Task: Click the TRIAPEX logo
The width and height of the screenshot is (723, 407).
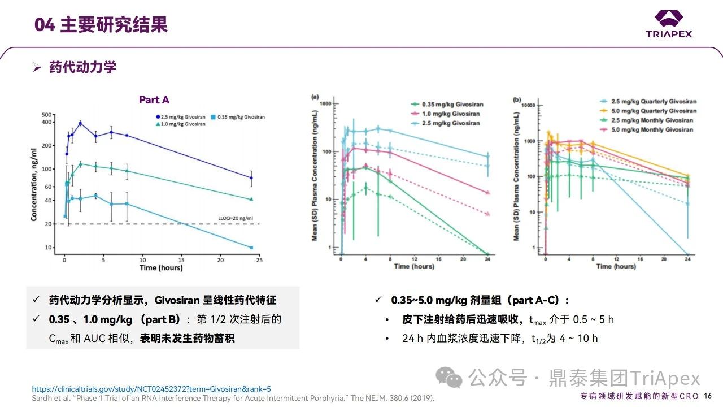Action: pos(669,24)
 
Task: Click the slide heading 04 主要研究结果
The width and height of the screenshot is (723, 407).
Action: pos(101,25)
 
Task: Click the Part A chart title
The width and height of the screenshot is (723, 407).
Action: pos(154,100)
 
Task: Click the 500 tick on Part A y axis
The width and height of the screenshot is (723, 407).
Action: pos(46,115)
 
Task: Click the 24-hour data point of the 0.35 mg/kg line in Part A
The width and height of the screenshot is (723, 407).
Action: pos(251,248)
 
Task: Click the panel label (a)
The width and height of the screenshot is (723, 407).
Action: pos(315,97)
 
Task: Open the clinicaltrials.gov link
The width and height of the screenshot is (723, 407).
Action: pos(151,389)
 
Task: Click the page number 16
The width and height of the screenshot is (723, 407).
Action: pos(708,395)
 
